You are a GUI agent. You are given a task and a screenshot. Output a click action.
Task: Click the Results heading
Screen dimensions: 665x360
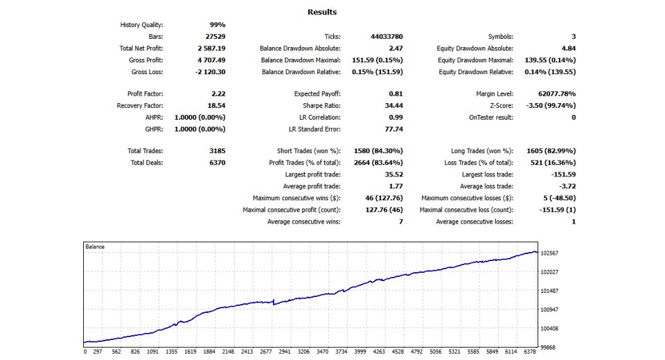pyautogui.click(x=322, y=12)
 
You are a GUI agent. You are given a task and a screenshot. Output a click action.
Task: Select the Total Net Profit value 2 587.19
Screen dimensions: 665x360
pyautogui.click(x=211, y=48)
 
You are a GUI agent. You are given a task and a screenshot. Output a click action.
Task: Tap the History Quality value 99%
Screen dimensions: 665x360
pyautogui.click(x=217, y=25)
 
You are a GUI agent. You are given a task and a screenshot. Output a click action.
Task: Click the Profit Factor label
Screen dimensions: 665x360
pyautogui.click(x=145, y=93)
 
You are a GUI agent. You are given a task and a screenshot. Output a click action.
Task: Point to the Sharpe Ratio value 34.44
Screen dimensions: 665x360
pyautogui.click(x=393, y=106)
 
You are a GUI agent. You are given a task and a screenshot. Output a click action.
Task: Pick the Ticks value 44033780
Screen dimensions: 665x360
pyautogui.click(x=387, y=37)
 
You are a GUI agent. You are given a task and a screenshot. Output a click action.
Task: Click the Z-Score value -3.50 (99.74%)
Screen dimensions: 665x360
pyautogui.click(x=551, y=106)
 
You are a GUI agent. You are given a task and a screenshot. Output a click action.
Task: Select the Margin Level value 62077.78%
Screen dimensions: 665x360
pyautogui.click(x=557, y=93)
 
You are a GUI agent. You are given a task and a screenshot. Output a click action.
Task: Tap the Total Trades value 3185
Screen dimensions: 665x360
pyautogui.click(x=217, y=151)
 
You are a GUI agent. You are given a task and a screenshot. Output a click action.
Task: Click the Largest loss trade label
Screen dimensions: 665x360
pyautogui.click(x=487, y=174)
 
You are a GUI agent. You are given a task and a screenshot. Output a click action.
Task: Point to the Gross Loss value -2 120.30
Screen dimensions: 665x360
pyautogui.click(x=210, y=72)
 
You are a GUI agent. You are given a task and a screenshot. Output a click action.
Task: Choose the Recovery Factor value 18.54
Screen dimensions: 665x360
pyautogui.click(x=216, y=106)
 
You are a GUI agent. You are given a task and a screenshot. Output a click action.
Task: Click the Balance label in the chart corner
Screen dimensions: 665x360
pyautogui.click(x=95, y=246)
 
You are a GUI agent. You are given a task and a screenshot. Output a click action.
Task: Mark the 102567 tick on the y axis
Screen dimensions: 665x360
pyautogui.click(x=549, y=253)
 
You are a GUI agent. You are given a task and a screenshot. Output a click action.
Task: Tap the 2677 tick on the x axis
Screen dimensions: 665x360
pyautogui.click(x=266, y=352)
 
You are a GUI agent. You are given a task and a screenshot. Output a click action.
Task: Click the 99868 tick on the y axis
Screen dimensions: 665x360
pyautogui.click(x=547, y=348)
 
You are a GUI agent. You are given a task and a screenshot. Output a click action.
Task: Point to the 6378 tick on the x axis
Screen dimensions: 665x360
pyautogui.click(x=530, y=352)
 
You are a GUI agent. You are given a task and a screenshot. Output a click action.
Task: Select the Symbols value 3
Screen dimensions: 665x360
pyautogui.click(x=574, y=37)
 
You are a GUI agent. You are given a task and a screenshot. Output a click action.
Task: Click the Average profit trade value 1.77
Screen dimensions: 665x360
pyautogui.click(x=396, y=186)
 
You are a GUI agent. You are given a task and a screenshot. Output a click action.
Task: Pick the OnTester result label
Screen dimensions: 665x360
pyautogui.click(x=490, y=118)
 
